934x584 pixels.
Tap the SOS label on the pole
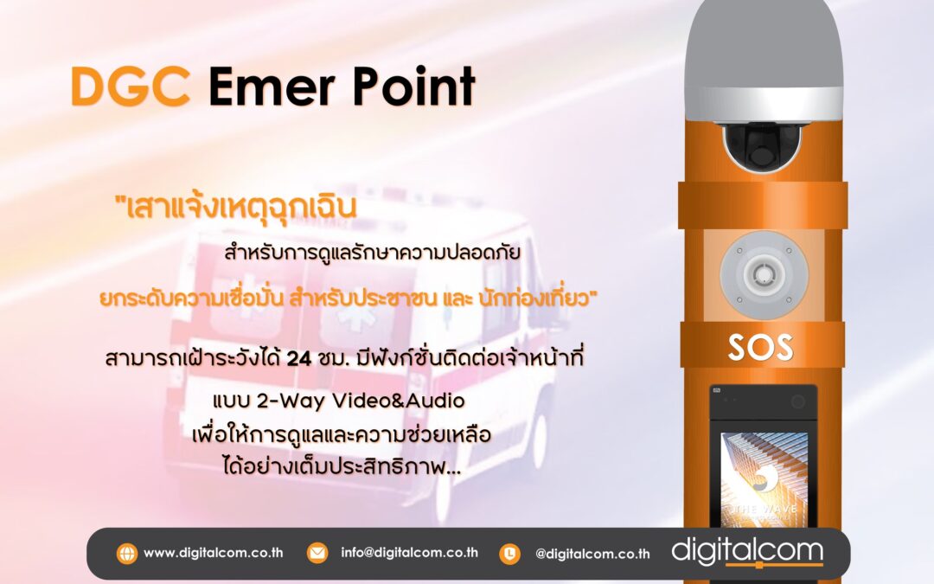(760, 346)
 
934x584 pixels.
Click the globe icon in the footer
(126, 553)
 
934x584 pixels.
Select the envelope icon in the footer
(317, 553)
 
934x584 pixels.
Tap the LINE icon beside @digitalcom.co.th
(510, 553)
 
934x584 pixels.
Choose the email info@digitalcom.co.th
(409, 553)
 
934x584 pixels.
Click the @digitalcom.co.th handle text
(592, 554)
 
